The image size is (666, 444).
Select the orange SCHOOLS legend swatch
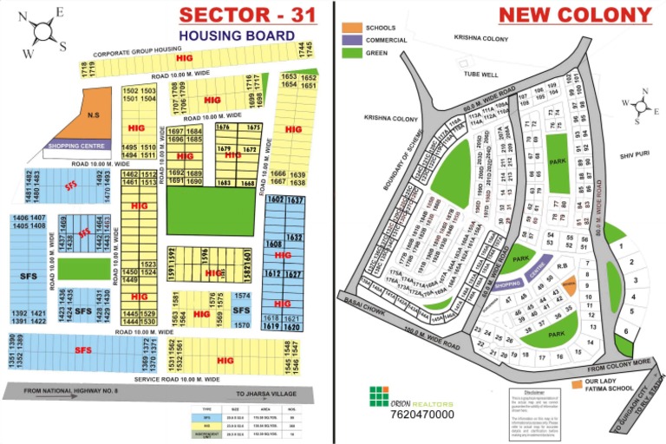[x=351, y=29]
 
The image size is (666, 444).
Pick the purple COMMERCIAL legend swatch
[x=351, y=40]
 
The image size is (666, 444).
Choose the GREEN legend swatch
[x=351, y=52]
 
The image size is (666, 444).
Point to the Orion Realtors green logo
[x=379, y=396]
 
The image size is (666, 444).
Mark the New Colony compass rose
[x=640, y=106]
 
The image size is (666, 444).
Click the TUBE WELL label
[x=481, y=75]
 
